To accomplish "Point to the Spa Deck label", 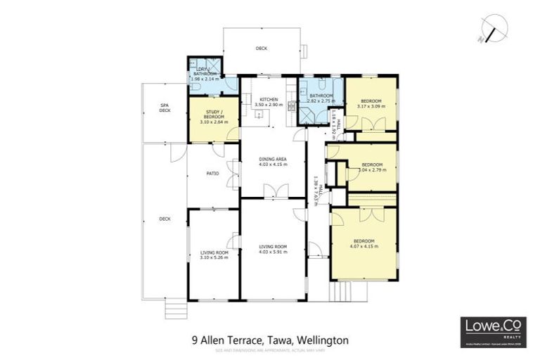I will [165, 108].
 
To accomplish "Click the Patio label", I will [212, 173].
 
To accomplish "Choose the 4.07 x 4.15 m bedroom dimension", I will [364, 247].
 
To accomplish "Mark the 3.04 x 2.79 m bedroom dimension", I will [371, 169].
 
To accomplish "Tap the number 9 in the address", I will [194, 340].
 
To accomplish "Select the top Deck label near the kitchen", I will [261, 49].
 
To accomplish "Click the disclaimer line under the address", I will [270, 349].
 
